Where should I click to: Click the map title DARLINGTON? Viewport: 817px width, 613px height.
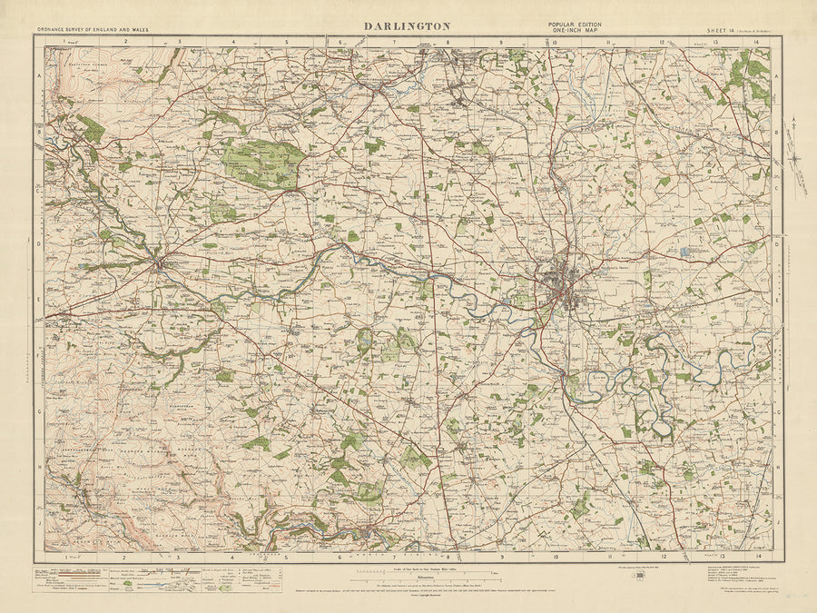coord(408,25)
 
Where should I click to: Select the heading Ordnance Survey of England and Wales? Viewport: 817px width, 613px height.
coord(94,30)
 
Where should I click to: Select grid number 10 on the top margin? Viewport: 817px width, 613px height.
coord(555,42)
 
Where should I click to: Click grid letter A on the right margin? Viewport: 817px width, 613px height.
coord(777,79)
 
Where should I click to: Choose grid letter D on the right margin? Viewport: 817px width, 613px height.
coord(777,245)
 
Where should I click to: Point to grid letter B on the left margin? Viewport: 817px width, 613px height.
coord(39,134)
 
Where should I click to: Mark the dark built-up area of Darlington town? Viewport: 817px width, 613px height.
coord(563,282)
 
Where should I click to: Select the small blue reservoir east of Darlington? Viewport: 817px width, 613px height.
coord(683,251)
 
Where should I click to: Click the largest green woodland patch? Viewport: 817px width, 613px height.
coord(263,163)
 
